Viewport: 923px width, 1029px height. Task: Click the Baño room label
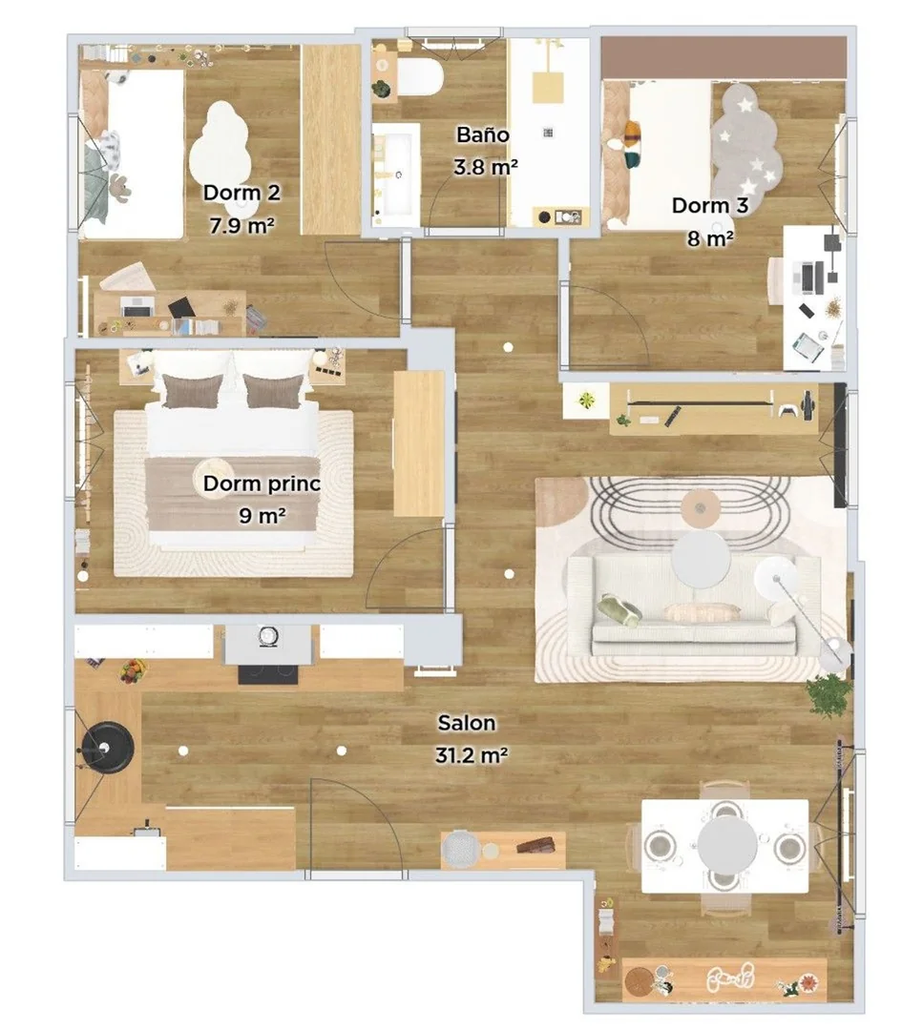(x=483, y=134)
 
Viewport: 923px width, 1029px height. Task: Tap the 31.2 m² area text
(x=471, y=755)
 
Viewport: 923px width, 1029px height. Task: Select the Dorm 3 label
(x=709, y=205)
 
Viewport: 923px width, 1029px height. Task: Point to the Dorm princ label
(x=262, y=484)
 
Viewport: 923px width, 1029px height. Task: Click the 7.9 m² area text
(x=241, y=226)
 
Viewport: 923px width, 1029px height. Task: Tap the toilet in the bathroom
(x=418, y=77)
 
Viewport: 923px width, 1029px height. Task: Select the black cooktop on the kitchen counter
(x=268, y=674)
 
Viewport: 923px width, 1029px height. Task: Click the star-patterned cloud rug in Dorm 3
(x=746, y=139)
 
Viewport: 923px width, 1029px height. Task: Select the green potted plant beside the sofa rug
(x=829, y=695)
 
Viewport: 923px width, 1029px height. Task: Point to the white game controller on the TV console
(x=787, y=411)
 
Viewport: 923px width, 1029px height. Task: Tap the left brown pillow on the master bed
(x=191, y=391)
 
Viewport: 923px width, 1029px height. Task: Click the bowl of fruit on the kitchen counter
(x=134, y=671)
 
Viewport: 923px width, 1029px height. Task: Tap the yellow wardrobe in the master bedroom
(x=419, y=443)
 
